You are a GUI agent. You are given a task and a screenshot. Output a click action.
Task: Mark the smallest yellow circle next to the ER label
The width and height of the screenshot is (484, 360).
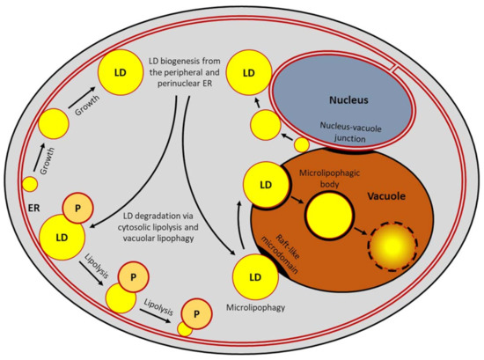(x=30, y=184)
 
